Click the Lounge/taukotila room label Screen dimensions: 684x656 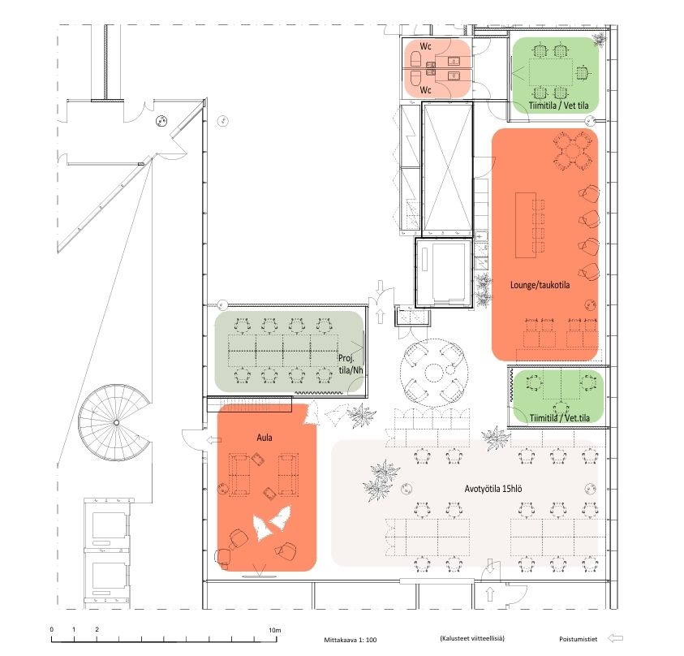tap(540, 285)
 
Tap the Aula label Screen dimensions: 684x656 tap(265, 438)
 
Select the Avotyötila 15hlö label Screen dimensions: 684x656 tap(493, 489)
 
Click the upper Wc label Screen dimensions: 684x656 tap(425, 46)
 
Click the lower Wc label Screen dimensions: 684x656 tap(425, 90)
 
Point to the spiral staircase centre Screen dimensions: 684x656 tap(116, 422)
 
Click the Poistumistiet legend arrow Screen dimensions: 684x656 tap(615, 638)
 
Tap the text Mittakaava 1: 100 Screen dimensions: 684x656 tap(351, 640)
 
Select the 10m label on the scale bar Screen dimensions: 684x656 tap(274, 630)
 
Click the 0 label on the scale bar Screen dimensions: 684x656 tap(51, 629)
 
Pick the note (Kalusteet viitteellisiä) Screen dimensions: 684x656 tap(472, 638)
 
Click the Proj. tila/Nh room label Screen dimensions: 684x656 tap(351, 364)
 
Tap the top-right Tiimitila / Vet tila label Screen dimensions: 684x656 tap(558, 106)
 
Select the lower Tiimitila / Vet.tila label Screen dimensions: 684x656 tap(560, 418)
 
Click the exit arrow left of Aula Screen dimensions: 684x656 tap(213, 440)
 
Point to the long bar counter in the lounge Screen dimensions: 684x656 tap(526, 225)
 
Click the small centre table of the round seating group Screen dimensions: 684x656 tap(433, 373)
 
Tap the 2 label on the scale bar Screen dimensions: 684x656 tap(97, 629)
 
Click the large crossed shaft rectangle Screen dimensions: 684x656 tap(448, 170)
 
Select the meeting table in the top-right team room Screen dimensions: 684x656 tap(551, 72)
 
